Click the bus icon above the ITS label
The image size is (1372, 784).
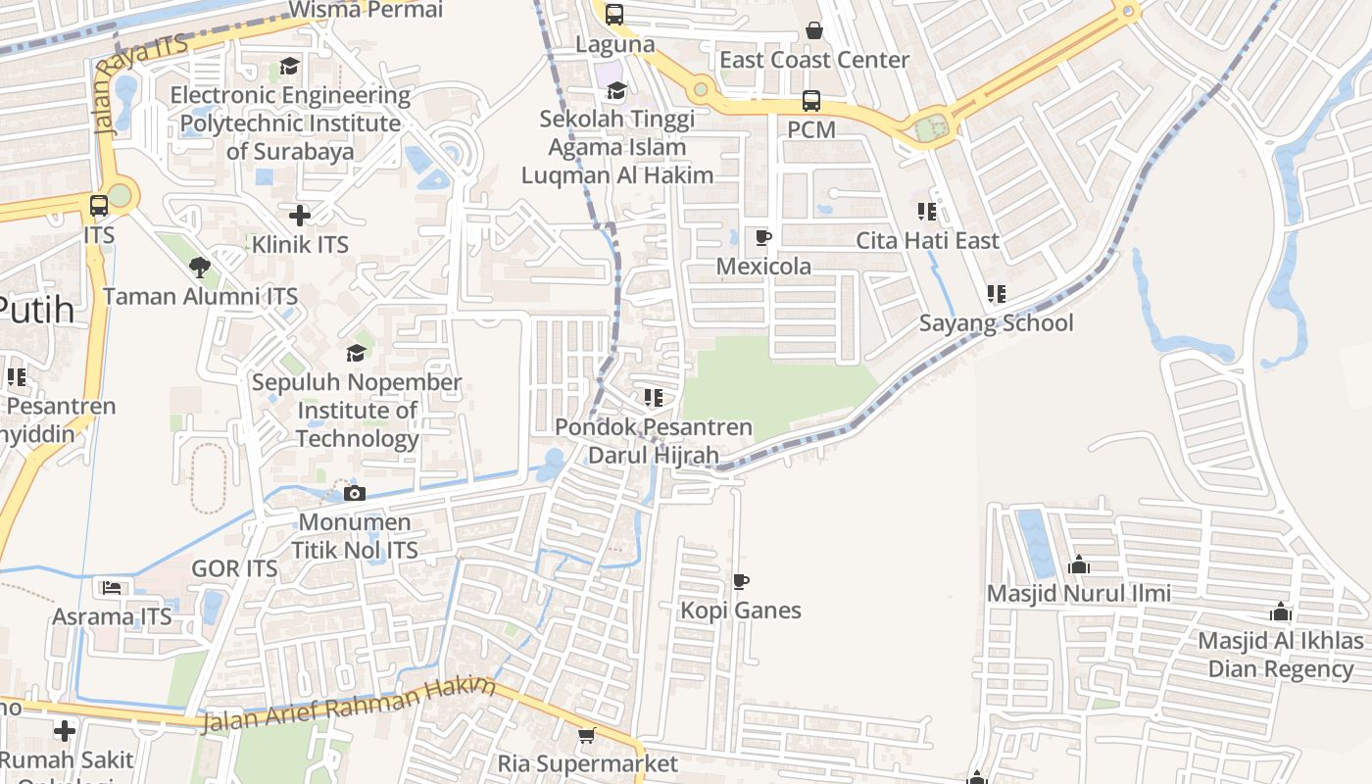[x=99, y=206]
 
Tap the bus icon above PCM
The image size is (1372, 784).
[x=811, y=100]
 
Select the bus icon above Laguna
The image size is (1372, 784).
[x=614, y=15]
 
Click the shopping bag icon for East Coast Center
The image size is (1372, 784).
[x=814, y=31]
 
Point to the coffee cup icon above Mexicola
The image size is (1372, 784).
[x=763, y=237]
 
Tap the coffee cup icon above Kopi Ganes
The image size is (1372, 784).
[x=741, y=582]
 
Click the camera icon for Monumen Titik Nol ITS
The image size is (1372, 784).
[x=355, y=493]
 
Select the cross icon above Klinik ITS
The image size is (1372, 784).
[x=300, y=215]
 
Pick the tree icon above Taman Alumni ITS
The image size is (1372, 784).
[x=200, y=267]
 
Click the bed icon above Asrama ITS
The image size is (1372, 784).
[x=112, y=588]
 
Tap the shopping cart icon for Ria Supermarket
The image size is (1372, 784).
[x=586, y=735]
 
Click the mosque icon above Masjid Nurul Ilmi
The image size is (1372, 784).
[x=1079, y=564]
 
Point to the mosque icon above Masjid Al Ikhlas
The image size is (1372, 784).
[x=1281, y=612]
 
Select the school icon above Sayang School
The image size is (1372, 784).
[x=997, y=294]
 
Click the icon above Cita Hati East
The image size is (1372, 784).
[x=927, y=211]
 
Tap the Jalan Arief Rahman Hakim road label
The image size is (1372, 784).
[x=349, y=708]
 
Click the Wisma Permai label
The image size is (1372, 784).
[x=367, y=11]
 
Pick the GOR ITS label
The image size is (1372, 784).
[x=234, y=568]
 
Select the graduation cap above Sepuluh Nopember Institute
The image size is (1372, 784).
[x=357, y=353]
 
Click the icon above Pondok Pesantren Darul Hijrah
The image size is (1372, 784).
[x=654, y=398]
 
